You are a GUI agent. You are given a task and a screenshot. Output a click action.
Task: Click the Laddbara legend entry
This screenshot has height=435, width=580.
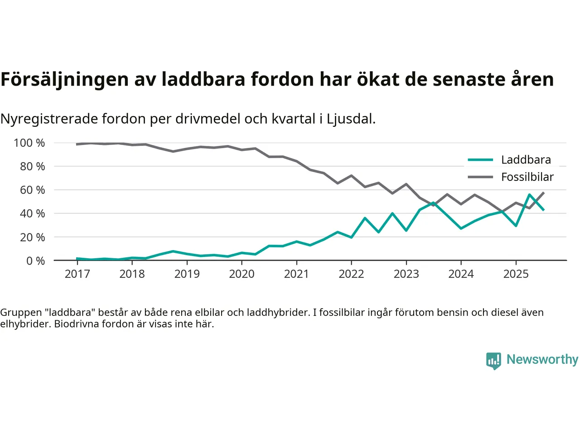point(526,159)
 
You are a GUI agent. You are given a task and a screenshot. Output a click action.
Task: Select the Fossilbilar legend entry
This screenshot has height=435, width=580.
point(527,177)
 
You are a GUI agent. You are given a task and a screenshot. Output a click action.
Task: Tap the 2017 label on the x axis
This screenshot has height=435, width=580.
point(77,274)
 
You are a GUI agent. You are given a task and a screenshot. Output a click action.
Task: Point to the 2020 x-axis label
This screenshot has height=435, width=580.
point(242,274)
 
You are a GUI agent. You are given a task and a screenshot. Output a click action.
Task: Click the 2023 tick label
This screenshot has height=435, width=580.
point(406,274)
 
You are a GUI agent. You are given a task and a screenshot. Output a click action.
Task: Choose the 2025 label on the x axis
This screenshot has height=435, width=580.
point(516,274)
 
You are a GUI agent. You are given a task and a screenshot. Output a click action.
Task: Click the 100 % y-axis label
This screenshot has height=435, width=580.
point(29,143)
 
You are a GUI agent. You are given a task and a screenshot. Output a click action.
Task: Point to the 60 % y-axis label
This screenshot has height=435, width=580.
point(32,190)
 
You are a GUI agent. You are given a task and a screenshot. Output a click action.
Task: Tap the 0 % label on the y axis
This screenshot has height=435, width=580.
point(35,261)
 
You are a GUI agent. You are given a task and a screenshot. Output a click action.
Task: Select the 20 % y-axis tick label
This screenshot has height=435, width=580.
point(32,237)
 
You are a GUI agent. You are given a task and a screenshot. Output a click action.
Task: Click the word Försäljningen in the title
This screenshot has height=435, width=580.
point(65,79)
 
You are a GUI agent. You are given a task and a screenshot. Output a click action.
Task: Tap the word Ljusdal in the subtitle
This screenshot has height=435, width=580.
point(351,119)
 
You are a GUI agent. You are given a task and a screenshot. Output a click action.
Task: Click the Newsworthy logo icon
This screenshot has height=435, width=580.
point(493,361)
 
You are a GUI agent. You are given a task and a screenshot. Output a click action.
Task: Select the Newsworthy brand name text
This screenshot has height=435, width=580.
point(542,359)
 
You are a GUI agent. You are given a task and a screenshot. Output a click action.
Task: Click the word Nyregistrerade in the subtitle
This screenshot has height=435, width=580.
point(49,119)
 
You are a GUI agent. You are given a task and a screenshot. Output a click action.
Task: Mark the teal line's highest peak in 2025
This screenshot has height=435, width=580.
point(529,194)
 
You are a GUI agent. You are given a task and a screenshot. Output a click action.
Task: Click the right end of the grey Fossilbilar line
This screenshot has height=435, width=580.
point(543,193)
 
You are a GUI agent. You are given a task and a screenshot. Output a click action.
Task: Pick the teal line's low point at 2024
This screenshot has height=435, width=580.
point(461,228)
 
